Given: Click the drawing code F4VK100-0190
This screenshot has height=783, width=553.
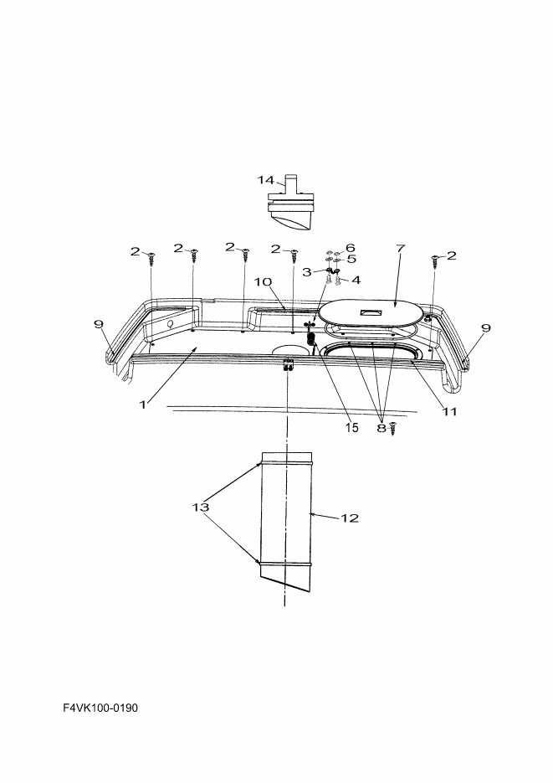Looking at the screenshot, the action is coord(100,708).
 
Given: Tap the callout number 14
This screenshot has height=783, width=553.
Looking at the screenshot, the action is coord(266,180).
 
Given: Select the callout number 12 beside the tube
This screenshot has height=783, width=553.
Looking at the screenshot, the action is coord(350,518).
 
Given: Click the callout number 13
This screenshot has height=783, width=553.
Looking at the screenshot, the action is coord(201,507).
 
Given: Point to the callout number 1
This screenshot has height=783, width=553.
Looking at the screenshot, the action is coord(142,404).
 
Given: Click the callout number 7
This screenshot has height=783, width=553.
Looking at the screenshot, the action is coord(401,248).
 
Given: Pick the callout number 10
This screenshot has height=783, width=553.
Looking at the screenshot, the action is coord(263,281).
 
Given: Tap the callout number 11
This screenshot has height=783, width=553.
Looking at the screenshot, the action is coord(449,411).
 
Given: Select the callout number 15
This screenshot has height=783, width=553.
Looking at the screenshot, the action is coord(351,428).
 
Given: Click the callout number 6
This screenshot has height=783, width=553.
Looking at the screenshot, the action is coord(351,248).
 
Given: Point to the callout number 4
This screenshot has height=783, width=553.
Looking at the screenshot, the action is coord(356,281).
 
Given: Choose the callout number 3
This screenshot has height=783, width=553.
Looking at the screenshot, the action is coord(307,272).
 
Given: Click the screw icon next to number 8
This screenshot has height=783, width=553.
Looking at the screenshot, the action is coord(393,429).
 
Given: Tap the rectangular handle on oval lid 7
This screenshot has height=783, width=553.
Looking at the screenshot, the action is coord(370,312).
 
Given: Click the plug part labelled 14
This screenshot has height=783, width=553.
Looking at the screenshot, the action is coord(290,203).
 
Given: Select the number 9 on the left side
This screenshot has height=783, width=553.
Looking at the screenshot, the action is coord(98,324).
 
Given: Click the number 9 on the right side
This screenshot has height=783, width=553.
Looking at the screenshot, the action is coord(486,328).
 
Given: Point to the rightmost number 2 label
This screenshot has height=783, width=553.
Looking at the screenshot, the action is coord(451,255).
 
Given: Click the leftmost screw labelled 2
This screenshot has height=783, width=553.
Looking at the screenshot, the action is coord(151,259).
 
